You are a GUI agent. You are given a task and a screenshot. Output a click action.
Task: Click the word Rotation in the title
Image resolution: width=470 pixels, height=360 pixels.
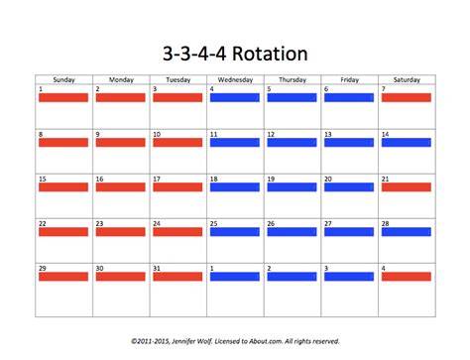point(270,54)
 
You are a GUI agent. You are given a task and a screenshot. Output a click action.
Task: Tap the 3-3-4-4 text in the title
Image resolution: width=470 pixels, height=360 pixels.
point(194,54)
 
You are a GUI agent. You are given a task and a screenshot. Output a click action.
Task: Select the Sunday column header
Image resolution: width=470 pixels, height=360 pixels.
point(64,79)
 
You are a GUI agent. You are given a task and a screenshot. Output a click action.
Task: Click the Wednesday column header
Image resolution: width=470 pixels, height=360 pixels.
point(235,79)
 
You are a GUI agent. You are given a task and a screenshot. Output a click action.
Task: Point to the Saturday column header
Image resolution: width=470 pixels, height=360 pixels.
point(407,79)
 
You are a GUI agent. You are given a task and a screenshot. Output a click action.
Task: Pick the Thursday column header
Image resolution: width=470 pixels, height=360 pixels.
point(293,79)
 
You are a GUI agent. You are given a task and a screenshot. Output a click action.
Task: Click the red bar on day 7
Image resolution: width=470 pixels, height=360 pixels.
point(407,97)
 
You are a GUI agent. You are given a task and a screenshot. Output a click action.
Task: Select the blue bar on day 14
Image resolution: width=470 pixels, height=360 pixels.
point(407,143)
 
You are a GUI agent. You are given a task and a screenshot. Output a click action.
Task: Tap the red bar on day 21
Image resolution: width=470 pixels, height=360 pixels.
point(407,187)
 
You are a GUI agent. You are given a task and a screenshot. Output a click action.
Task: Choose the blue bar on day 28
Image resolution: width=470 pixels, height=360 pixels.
point(407,232)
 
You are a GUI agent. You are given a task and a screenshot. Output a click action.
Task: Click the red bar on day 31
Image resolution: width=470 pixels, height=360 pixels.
point(177,277)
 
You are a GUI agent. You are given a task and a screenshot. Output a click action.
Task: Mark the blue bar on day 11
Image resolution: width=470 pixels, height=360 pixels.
point(235,143)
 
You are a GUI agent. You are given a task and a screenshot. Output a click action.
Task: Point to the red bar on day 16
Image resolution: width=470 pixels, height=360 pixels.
point(121,187)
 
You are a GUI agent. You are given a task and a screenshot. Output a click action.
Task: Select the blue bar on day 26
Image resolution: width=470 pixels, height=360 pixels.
point(292,232)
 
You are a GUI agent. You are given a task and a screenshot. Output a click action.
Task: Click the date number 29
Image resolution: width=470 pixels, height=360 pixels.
point(43,268)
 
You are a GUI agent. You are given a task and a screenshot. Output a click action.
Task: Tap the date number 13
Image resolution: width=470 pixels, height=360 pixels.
point(328,134)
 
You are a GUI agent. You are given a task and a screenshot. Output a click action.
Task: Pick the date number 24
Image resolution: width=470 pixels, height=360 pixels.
point(157,223)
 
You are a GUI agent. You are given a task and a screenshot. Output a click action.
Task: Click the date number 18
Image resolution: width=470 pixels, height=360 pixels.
point(214,179)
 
